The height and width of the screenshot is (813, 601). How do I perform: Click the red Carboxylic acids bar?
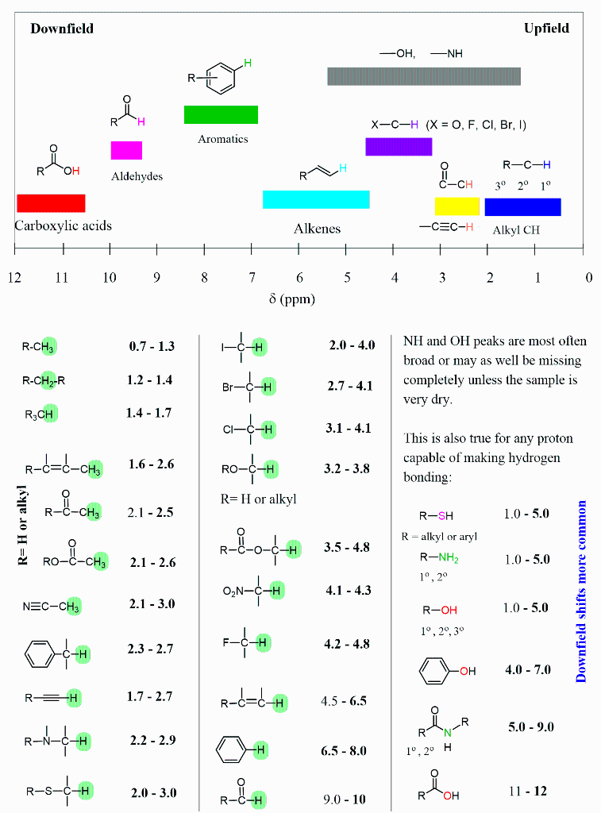(51, 203)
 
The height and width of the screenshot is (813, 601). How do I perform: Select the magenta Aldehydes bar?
(126, 150)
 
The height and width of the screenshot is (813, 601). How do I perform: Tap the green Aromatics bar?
(221, 114)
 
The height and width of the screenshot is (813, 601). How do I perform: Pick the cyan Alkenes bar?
(316, 199)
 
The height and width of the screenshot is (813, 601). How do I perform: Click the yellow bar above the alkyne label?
(457, 206)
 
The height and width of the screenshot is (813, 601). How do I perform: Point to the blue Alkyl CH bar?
(522, 206)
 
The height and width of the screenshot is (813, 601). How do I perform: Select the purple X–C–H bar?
(399, 146)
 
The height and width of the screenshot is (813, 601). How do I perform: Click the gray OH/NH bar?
(424, 76)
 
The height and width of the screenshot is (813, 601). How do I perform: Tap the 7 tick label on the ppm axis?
(252, 278)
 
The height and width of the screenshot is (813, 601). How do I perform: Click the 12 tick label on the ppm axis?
(14, 278)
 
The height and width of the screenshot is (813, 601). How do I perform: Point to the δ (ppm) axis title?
(291, 299)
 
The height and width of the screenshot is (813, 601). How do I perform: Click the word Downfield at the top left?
(62, 29)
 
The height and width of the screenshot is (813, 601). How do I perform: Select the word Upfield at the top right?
(546, 29)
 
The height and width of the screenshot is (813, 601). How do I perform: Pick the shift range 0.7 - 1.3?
(152, 346)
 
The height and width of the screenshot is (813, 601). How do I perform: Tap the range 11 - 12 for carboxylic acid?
(527, 791)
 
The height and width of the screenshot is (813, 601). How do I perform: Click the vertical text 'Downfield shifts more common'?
(581, 591)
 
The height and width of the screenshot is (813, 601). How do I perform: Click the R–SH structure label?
(436, 515)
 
